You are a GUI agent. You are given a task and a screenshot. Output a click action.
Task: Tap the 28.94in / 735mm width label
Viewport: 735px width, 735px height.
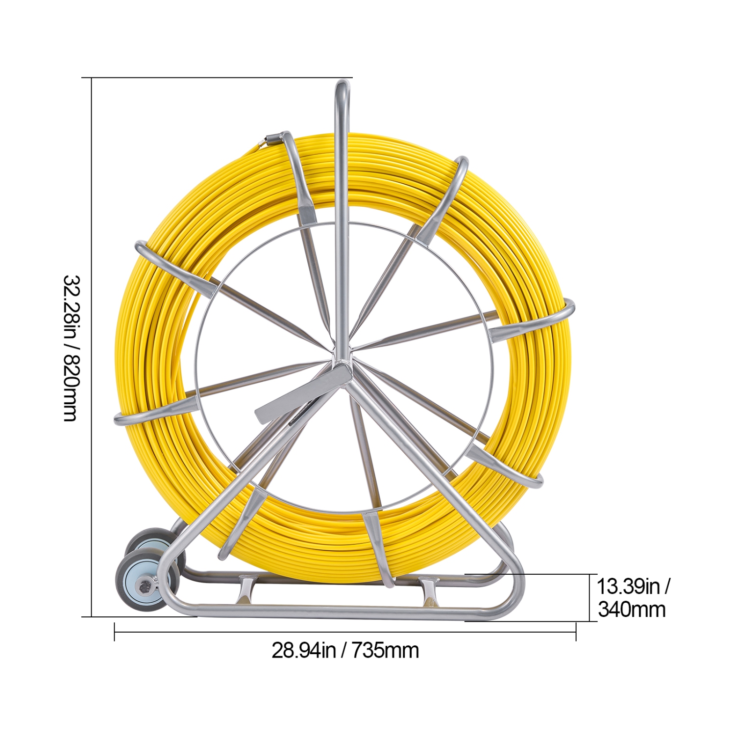tap(345, 651)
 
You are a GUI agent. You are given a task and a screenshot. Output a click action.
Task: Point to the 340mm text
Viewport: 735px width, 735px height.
tap(632, 610)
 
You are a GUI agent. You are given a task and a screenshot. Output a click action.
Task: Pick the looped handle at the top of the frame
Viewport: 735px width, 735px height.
tap(342, 91)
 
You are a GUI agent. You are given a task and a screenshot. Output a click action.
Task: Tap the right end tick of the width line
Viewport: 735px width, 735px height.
tap(576, 632)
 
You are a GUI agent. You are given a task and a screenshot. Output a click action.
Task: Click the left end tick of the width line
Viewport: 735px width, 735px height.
tap(114, 632)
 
